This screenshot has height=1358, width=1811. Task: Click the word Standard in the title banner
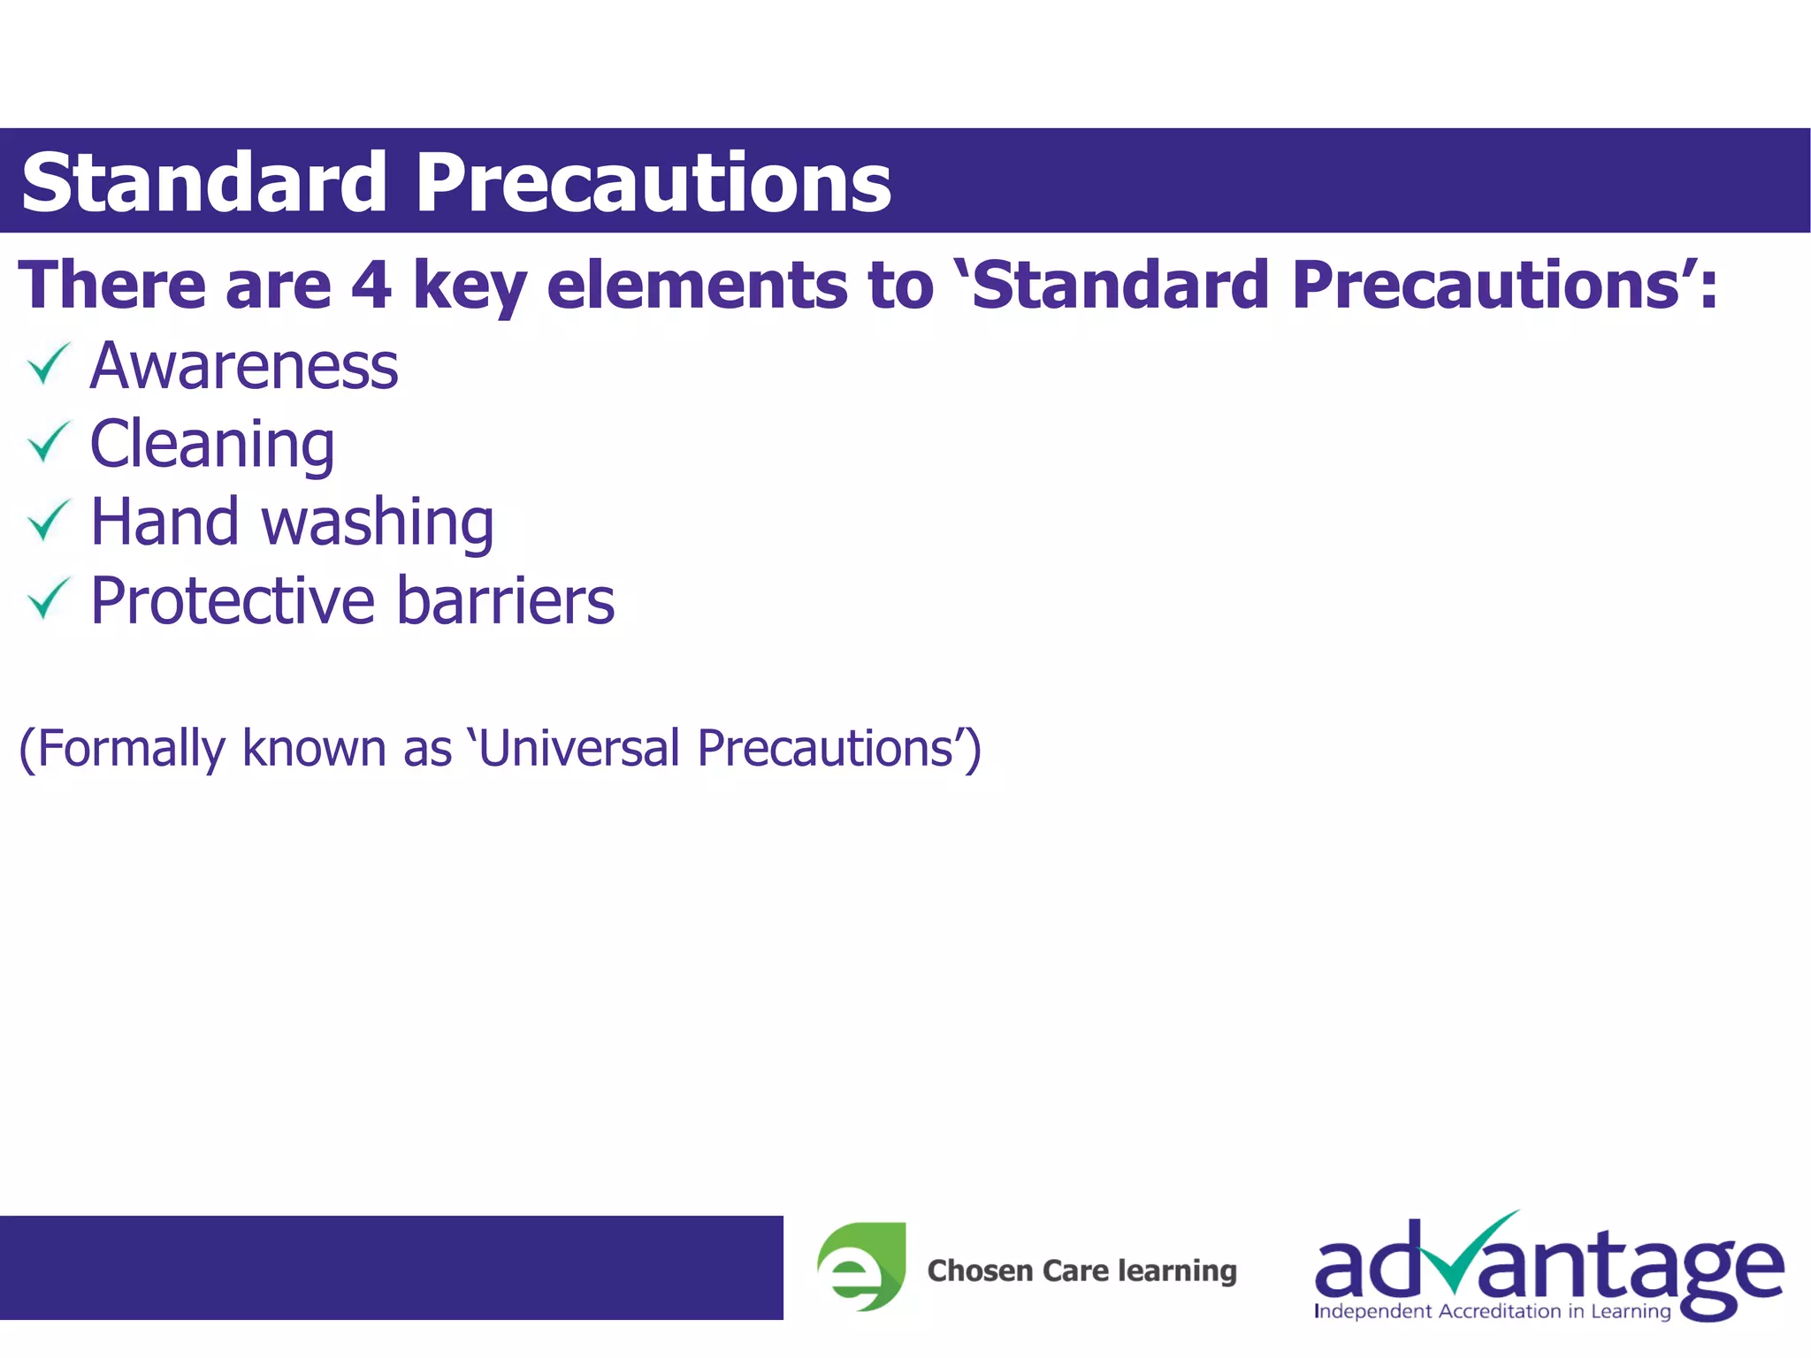tap(203, 183)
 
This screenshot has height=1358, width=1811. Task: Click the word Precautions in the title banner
tap(653, 183)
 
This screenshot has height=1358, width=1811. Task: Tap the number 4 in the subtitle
tap(371, 285)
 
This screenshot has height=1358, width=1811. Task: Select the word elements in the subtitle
tap(696, 285)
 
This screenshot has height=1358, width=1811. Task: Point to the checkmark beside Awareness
tap(48, 364)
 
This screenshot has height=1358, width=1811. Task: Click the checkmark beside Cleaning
tap(48, 442)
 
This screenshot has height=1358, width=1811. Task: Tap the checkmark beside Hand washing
tap(48, 521)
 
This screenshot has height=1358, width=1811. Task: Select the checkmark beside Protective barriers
tap(48, 599)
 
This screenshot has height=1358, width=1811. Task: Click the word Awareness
tap(244, 366)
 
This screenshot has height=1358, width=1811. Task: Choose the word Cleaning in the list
tap(212, 444)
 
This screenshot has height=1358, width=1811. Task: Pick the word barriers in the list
tap(505, 600)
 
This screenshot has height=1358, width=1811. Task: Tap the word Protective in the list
tap(233, 600)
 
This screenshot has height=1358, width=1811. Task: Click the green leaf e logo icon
tap(861, 1266)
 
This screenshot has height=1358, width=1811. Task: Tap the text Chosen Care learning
tap(1081, 1270)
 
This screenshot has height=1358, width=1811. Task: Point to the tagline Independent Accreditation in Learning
tap(1492, 1311)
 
